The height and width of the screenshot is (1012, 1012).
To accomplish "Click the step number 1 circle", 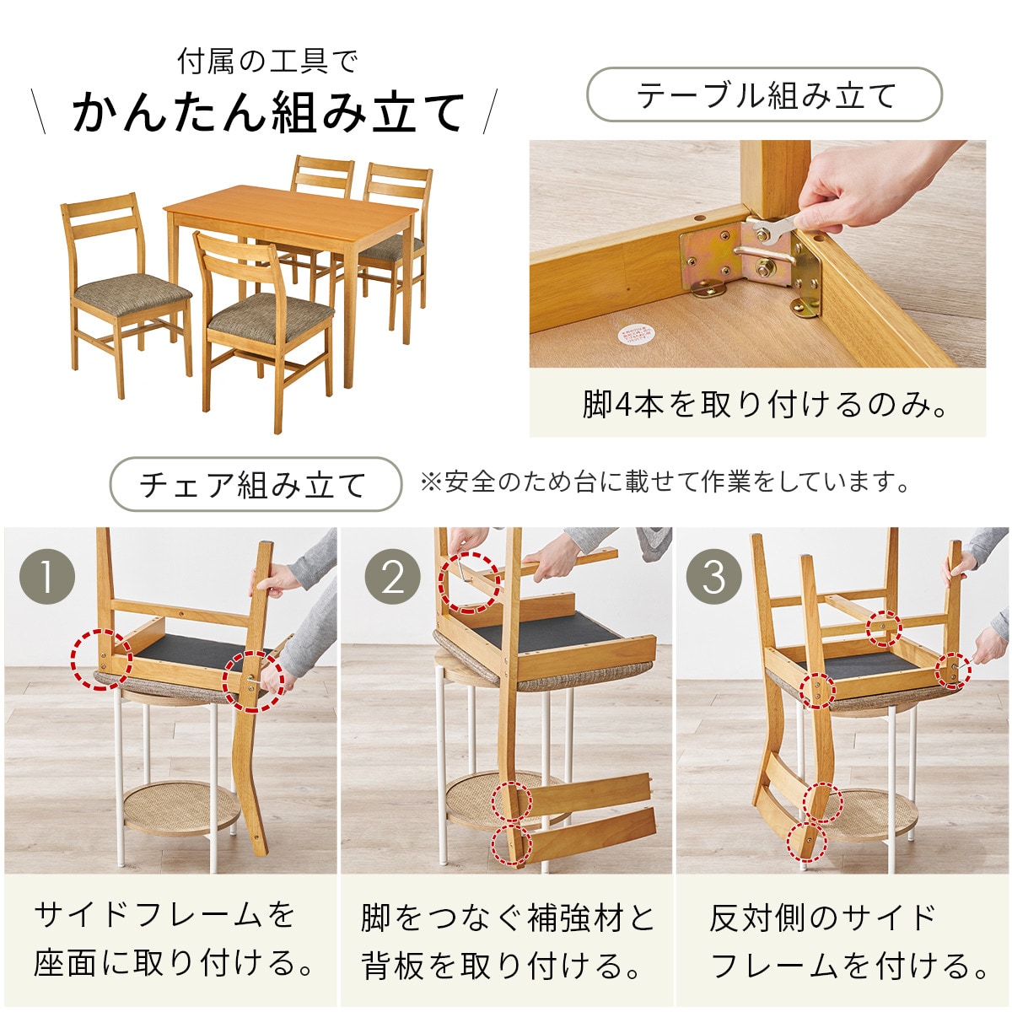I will [47, 578].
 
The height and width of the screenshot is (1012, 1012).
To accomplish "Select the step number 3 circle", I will [714, 578].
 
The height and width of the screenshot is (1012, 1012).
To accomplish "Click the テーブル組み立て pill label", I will [763, 95].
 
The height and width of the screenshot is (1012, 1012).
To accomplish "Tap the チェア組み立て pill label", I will [255, 484].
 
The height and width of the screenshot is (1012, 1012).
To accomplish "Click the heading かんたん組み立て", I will [268, 113].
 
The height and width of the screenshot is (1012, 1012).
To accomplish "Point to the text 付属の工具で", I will [267, 62].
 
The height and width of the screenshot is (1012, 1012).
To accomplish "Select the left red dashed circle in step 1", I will [101, 659].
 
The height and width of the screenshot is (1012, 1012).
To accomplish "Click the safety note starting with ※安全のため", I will [665, 482].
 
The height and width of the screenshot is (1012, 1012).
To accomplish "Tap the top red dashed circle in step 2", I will [469, 582].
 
